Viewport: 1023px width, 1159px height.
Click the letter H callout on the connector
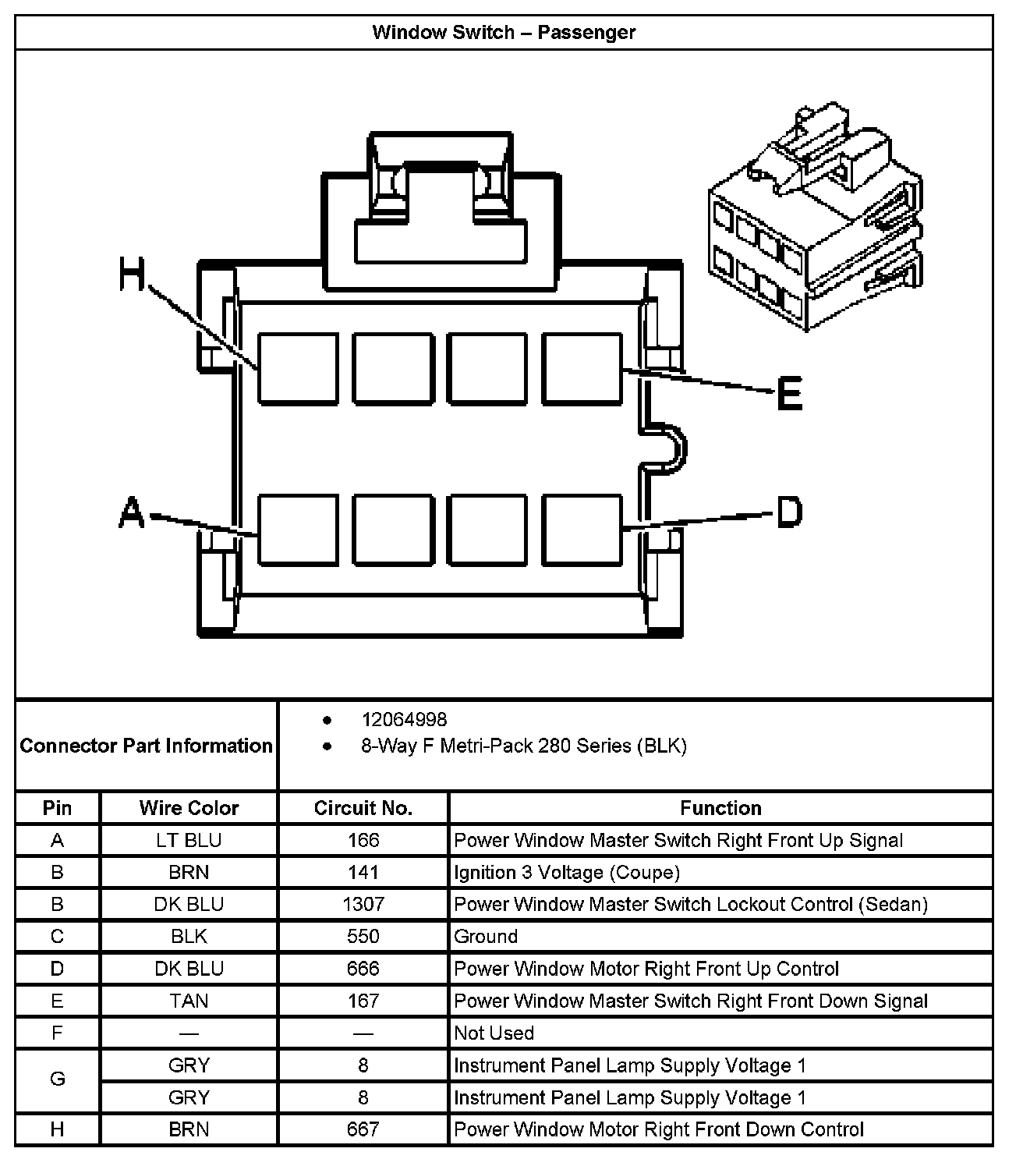pos(133,275)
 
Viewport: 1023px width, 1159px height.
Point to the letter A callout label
pos(133,512)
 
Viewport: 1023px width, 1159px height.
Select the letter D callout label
pos(789,512)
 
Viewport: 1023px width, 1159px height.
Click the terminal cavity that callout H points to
pos(298,369)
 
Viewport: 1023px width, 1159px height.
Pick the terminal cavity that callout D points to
pos(582,529)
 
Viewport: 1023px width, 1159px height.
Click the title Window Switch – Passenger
pos(504,33)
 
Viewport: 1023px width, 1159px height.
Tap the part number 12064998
pos(404,719)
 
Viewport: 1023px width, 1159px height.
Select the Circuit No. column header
pos(363,808)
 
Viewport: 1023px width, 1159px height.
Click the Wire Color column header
pos(189,808)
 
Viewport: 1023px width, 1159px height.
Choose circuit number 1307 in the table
pos(363,904)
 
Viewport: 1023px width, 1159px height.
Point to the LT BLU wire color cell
pos(189,840)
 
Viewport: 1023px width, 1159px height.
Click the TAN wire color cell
pos(189,1001)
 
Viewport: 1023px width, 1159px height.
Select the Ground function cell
pos(486,936)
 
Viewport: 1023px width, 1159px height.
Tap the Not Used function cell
pos(494,1033)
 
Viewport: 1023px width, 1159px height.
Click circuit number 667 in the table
pos(363,1129)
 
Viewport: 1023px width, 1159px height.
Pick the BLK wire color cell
pos(189,936)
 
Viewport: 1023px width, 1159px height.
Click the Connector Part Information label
pos(146,746)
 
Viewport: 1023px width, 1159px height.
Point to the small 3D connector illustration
pos(815,218)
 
